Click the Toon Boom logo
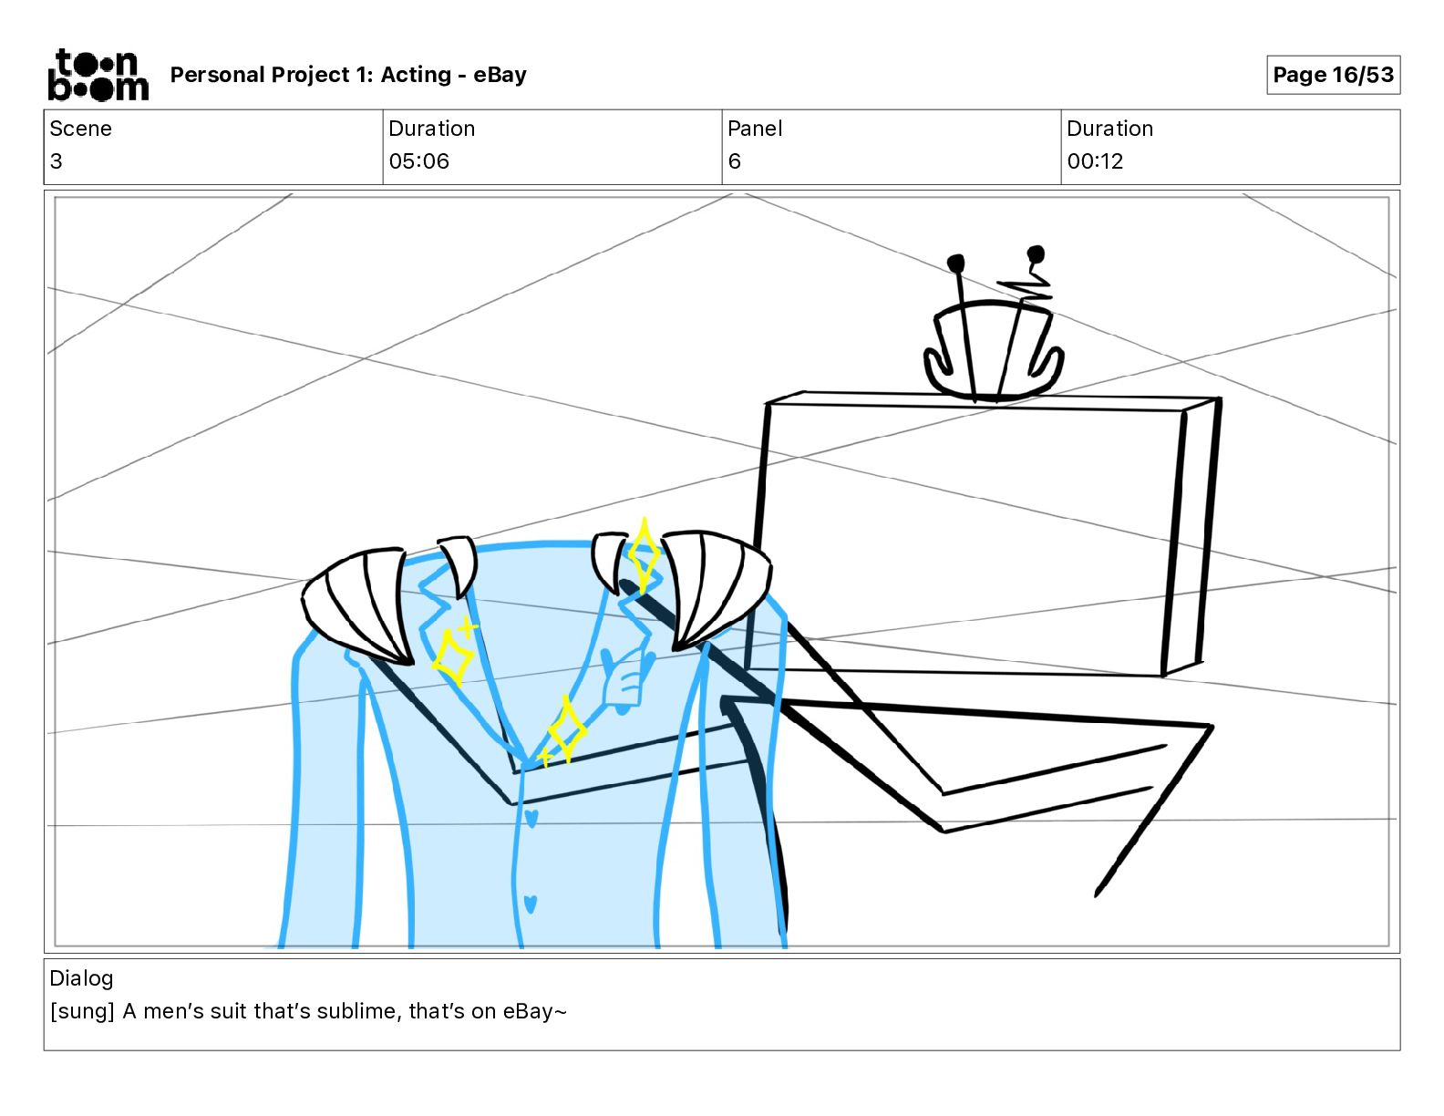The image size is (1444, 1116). [x=98, y=75]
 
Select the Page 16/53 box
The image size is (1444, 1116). [x=1333, y=75]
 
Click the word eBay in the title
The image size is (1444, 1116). [x=500, y=75]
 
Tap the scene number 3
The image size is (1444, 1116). [x=57, y=161]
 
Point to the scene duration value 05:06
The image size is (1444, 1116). [x=418, y=161]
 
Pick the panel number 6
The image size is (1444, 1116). [x=734, y=161]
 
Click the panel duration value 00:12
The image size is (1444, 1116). [x=1095, y=161]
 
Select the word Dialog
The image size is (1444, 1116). [x=81, y=978]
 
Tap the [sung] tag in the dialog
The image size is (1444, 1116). [x=82, y=1011]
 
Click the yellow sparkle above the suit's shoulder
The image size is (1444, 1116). [x=644, y=553]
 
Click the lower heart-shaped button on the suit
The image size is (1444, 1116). [x=531, y=904]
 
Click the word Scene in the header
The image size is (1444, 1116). [x=80, y=129]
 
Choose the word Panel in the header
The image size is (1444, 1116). [x=755, y=129]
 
